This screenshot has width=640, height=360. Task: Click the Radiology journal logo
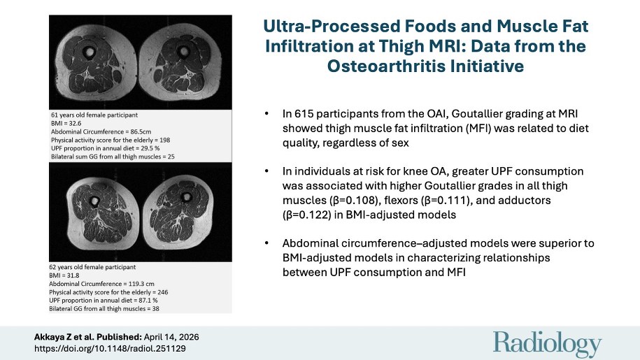point(547,344)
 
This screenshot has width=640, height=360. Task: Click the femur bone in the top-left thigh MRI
point(90,53)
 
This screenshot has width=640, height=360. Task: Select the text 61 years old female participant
point(94,113)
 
